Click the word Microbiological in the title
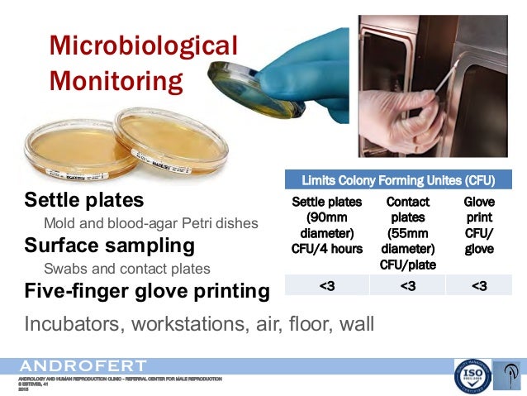coord(143,45)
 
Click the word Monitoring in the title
coord(116,81)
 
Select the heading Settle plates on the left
coord(83,200)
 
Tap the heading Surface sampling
coord(109,246)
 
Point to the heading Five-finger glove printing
coord(147,291)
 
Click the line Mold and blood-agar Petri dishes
coord(150,223)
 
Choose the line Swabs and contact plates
coord(126,269)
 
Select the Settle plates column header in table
coord(326,225)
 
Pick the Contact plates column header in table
coord(407,232)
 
